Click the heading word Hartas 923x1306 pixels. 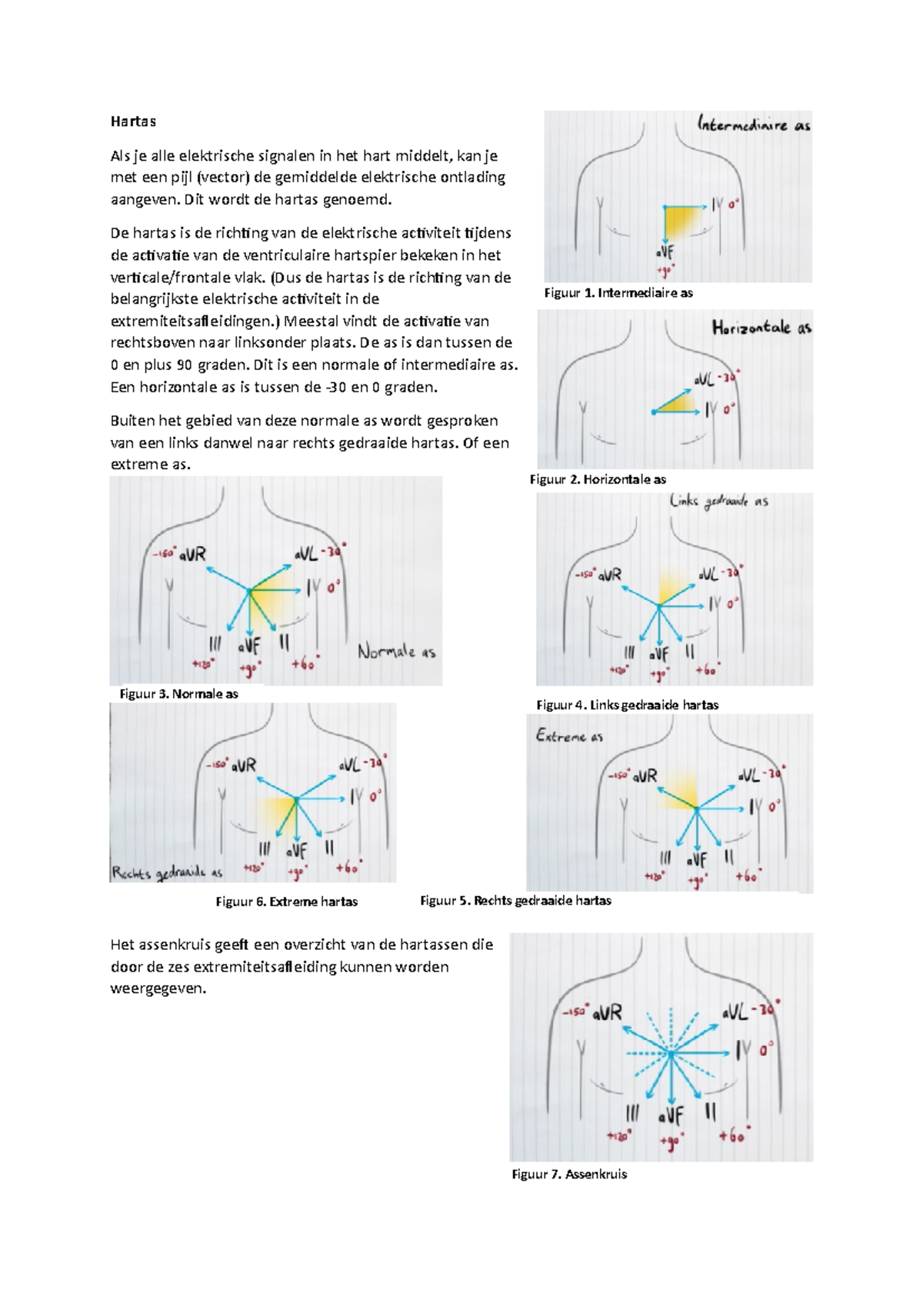point(133,122)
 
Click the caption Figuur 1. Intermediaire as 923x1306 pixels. point(618,293)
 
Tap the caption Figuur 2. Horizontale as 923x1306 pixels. point(598,479)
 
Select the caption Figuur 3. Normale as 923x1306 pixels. point(178,694)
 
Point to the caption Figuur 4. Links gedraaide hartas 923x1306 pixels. point(627,705)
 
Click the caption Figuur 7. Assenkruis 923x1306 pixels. point(569,1174)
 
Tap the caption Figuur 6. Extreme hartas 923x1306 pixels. point(286,901)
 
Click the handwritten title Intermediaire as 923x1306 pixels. point(753,125)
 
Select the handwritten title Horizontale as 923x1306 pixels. point(761,328)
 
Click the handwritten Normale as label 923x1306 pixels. point(396,652)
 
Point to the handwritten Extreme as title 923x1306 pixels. point(569,736)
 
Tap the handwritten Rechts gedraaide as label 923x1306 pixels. point(167,873)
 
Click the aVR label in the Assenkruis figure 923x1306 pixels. point(607,1013)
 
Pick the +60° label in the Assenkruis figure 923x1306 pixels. point(734,1135)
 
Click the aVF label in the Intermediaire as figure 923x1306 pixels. point(665,252)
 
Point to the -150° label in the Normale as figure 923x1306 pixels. point(164,553)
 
